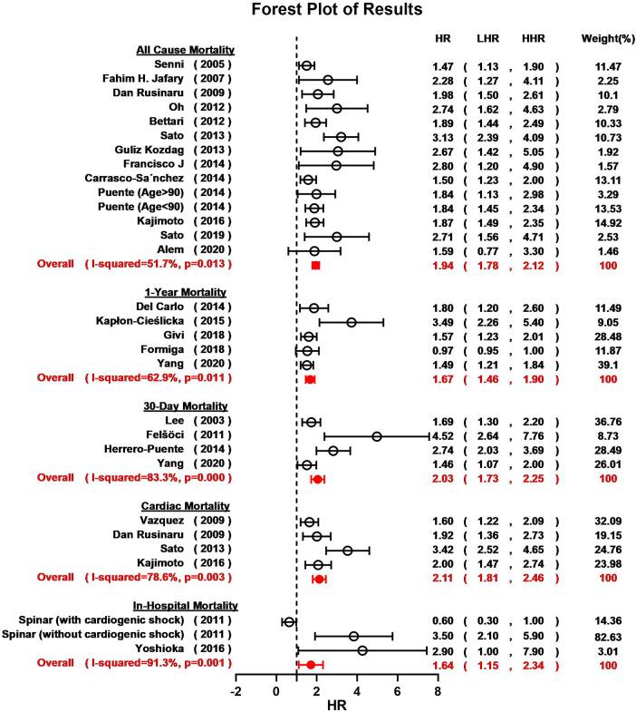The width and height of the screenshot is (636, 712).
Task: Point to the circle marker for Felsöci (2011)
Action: pos(377,436)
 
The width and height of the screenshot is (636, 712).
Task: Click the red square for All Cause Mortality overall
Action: pos(315,265)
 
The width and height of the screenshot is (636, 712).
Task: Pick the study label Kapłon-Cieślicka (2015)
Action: pos(165,322)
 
